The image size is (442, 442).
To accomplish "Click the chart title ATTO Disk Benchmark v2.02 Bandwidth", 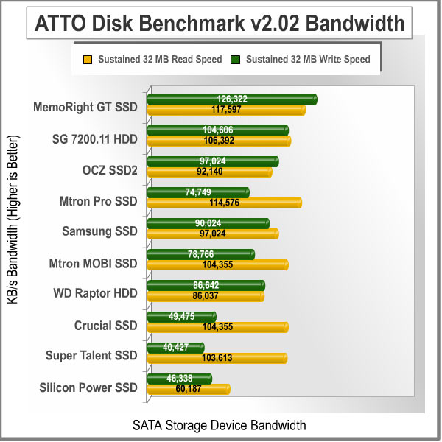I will tap(220, 24).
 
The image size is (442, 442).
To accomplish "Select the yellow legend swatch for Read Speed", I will tap(87, 58).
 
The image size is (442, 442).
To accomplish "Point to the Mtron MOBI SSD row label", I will tap(93, 263).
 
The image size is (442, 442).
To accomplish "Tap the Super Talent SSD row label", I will tap(91, 356).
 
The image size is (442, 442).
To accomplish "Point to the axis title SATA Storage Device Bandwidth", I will tap(219, 425).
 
